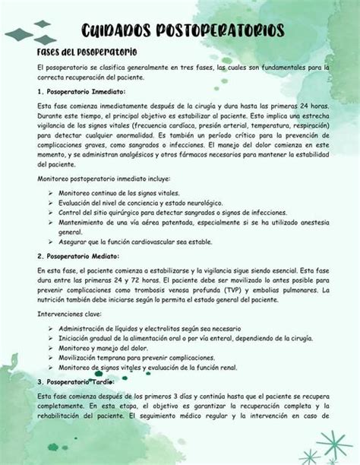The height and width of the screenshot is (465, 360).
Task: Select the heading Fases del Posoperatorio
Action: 87,52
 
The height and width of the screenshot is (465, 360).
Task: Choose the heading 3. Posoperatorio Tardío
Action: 74,381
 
